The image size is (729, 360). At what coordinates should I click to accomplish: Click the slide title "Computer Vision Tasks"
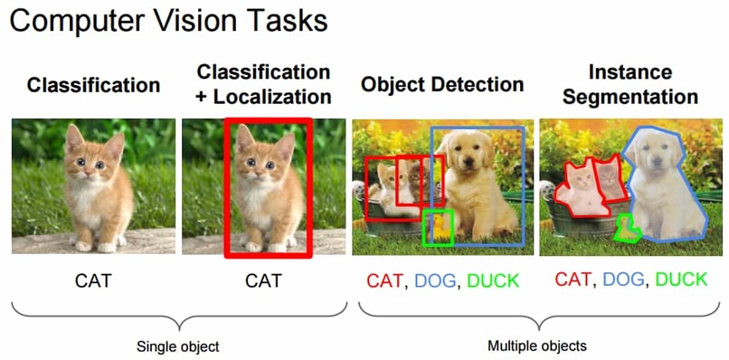click(x=167, y=23)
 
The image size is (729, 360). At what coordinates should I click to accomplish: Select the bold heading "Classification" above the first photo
click(x=93, y=86)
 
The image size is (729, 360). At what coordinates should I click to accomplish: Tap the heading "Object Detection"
click(x=442, y=85)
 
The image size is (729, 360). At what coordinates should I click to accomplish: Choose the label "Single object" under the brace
click(x=177, y=346)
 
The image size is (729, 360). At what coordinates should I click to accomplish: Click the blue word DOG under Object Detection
click(x=434, y=280)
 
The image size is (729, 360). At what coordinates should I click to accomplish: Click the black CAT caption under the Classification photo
click(x=94, y=280)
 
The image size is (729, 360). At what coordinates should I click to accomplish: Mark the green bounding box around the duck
click(x=438, y=227)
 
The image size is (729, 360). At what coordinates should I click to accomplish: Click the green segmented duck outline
click(x=625, y=228)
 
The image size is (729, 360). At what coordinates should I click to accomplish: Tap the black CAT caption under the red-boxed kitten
click(x=263, y=280)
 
